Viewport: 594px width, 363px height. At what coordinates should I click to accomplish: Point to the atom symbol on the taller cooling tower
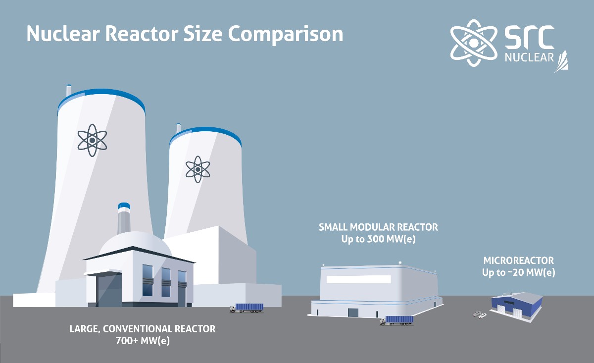(92, 140)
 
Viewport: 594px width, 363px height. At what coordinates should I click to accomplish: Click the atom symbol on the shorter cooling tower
(198, 169)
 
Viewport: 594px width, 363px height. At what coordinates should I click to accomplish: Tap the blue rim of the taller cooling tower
(101, 99)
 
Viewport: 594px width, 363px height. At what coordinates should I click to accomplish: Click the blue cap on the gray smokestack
(124, 206)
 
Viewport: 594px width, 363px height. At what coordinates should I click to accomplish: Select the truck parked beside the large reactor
(247, 308)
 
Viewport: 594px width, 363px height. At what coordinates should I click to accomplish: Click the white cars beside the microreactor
(480, 313)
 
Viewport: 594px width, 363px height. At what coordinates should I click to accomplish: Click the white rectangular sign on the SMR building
(358, 279)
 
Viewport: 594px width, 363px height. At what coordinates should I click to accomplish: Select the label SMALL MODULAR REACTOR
(378, 227)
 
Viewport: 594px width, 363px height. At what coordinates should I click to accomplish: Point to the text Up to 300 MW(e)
(378, 239)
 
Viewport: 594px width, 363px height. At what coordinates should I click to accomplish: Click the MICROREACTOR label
(518, 260)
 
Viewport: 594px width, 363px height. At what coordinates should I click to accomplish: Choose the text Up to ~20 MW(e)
(518, 272)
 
